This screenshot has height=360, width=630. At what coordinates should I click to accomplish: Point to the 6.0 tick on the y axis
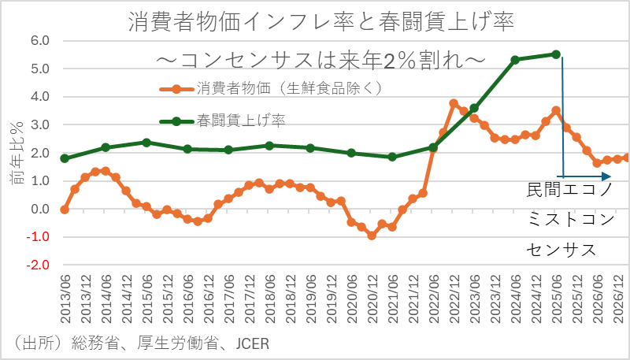click(39, 40)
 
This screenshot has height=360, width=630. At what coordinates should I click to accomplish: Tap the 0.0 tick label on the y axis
click(39, 210)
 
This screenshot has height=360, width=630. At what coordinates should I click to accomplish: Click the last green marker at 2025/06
click(556, 54)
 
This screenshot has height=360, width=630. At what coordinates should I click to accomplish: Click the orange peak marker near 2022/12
click(454, 103)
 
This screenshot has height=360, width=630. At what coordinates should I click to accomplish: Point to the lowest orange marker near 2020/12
click(372, 236)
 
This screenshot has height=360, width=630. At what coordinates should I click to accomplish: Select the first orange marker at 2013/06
click(65, 210)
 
